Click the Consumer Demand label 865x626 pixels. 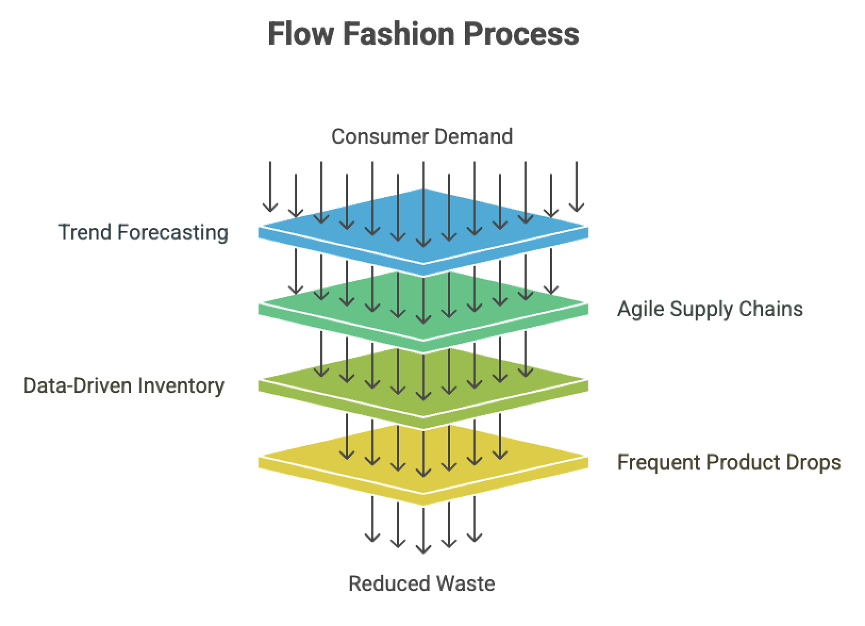[x=422, y=136]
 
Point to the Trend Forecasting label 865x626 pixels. [x=143, y=233]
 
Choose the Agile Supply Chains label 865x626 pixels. [x=710, y=309]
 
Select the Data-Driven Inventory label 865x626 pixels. [x=124, y=386]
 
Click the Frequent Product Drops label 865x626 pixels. [x=729, y=462]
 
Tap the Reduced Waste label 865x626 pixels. [x=421, y=584]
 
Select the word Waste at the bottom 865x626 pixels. [x=466, y=584]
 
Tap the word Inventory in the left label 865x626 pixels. [x=181, y=386]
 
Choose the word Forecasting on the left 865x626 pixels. [x=173, y=233]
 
